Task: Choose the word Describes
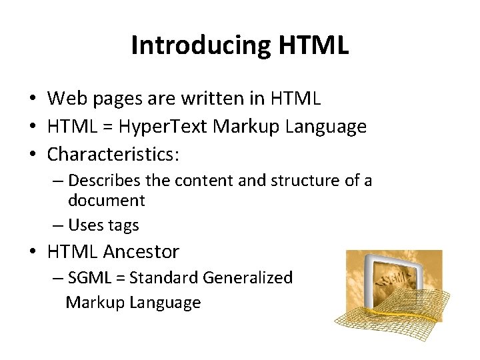(100, 180)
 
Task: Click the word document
(107, 200)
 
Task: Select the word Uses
(85, 225)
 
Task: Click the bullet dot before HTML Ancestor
(31, 252)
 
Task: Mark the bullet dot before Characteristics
(31, 154)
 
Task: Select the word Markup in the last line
(95, 303)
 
